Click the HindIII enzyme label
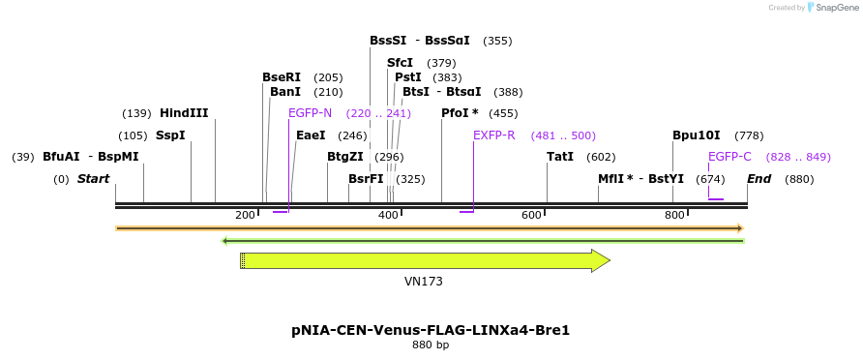(184, 113)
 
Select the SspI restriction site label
(170, 135)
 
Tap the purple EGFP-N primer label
(310, 113)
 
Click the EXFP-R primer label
(493, 135)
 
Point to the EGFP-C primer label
(729, 157)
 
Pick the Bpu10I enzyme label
(697, 135)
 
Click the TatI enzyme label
(560, 157)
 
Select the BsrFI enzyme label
(366, 179)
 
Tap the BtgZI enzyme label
(345, 157)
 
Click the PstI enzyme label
(408, 77)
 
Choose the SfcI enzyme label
(401, 63)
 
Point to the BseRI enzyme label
(282, 77)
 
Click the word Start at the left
(93, 179)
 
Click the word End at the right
(759, 179)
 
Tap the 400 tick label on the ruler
(388, 215)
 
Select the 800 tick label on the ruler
(674, 215)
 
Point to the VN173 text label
(424, 282)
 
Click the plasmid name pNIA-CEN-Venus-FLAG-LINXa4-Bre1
(431, 330)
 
